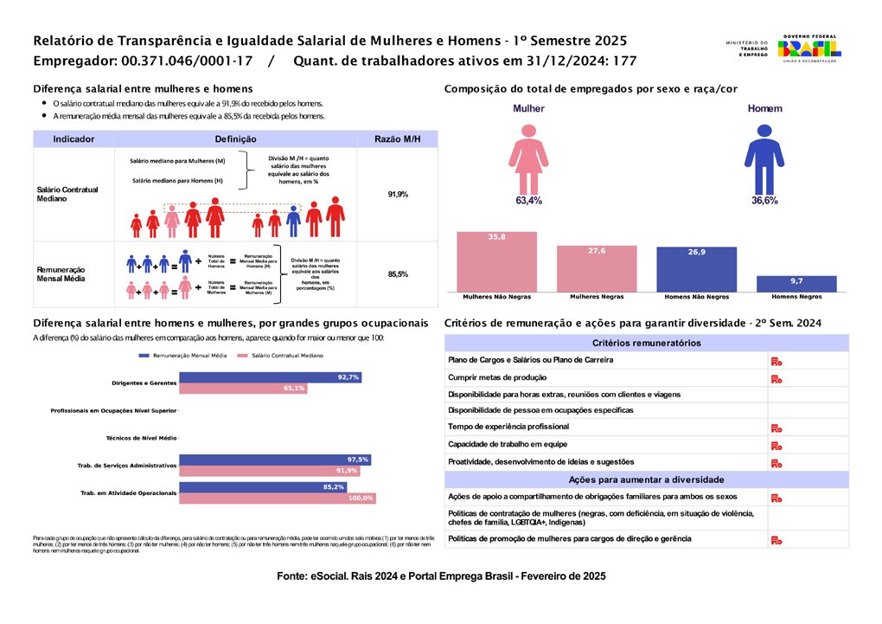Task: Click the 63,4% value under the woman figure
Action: (528, 201)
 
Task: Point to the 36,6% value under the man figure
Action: (764, 201)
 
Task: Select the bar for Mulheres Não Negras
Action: (496, 261)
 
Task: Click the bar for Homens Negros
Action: (796, 284)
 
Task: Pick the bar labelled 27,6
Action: (597, 268)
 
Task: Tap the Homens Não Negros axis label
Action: (696, 297)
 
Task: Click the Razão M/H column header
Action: (397, 139)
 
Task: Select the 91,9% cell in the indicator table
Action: (398, 194)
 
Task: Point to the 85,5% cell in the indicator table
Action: (398, 274)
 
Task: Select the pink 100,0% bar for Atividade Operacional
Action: (277, 498)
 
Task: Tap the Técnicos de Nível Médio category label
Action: (140, 438)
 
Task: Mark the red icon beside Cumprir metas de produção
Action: (777, 378)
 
